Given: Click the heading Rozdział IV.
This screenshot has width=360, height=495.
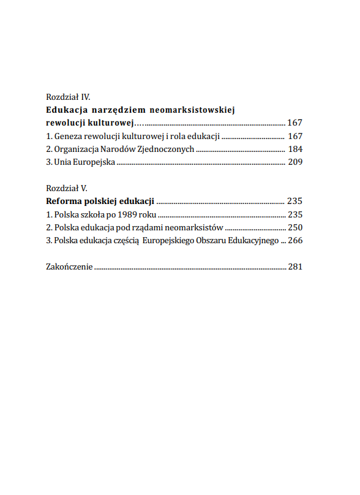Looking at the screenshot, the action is coord(68,97).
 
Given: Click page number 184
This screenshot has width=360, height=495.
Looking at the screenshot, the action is coord(295,149).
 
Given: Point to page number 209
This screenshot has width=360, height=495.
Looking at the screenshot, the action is coord(295,163).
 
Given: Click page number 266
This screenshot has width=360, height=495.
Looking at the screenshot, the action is coord(295,241).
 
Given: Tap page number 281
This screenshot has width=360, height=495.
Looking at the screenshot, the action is coord(295,267).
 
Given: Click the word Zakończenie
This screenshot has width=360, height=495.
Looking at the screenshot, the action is coord(69,267).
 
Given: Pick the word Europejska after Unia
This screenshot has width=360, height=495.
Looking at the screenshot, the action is coord(94,163).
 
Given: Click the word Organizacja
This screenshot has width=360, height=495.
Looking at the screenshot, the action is coord(77,149).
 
